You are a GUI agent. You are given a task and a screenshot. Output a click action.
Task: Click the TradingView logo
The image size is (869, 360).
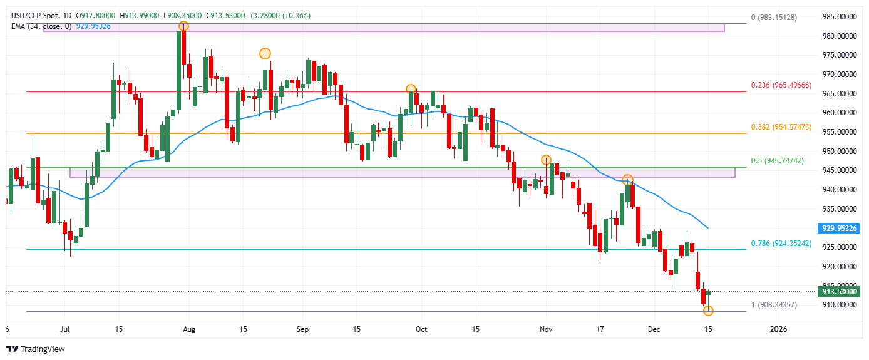(36, 349)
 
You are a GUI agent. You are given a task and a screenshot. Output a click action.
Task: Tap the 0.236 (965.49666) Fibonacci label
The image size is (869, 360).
(781, 85)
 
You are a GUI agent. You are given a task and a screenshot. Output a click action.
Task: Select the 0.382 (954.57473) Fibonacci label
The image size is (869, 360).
(781, 127)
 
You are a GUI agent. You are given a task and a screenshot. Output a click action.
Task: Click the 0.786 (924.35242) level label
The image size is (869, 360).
(781, 244)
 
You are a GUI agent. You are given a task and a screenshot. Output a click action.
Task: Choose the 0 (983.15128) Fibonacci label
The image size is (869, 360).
(774, 18)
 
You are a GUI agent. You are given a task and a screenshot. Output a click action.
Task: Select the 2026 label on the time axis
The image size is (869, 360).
(778, 329)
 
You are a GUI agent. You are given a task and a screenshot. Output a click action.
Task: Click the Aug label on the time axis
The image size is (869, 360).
(190, 329)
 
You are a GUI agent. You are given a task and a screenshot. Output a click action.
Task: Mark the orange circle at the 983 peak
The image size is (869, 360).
(183, 26)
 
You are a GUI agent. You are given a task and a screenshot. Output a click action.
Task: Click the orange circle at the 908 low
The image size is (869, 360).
(708, 311)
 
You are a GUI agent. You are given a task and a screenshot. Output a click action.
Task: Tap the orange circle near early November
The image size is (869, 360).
(546, 160)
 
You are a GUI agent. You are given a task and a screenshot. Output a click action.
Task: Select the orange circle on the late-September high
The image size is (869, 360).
(411, 89)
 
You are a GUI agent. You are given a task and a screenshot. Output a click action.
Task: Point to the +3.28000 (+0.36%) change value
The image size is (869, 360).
(280, 15)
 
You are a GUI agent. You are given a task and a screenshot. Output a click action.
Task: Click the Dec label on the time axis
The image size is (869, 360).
(654, 329)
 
